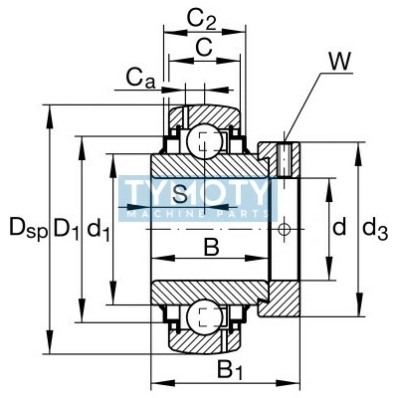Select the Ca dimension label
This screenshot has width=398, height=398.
[x=140, y=80]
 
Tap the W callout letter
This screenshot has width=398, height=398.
[x=339, y=62]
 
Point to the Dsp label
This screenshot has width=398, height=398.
[x=29, y=229]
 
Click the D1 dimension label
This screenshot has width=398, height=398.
[x=67, y=229]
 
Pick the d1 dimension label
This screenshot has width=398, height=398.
[x=98, y=230]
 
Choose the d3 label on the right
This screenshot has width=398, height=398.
[x=375, y=229]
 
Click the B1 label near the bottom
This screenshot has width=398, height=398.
[x=230, y=369]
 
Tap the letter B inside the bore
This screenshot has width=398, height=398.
[x=211, y=247]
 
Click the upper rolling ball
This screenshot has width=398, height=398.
[x=204, y=140]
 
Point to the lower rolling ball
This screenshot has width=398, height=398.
[x=204, y=317]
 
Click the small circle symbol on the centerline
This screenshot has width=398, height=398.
[x=284, y=229]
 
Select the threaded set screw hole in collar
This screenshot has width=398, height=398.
[x=285, y=159]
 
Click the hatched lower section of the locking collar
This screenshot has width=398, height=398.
[x=279, y=298]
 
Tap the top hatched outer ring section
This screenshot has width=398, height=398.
[x=205, y=116]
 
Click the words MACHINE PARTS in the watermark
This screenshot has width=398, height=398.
[x=198, y=214]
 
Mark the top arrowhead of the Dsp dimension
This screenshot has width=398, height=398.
[x=50, y=116]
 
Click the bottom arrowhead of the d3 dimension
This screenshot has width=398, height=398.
[x=358, y=304]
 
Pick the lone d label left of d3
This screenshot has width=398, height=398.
[x=339, y=226]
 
